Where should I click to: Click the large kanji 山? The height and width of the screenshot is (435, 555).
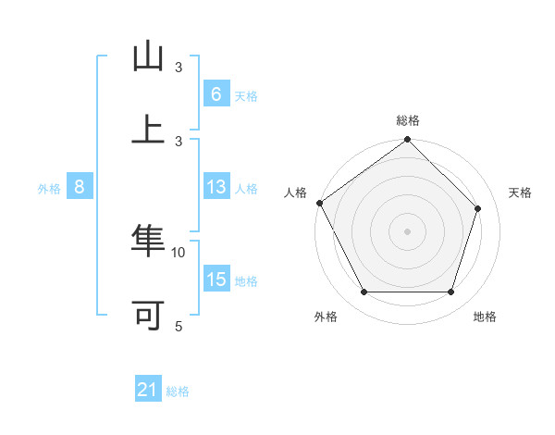(148, 56)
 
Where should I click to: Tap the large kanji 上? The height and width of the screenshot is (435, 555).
(148, 129)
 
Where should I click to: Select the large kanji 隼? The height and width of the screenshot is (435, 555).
(148, 242)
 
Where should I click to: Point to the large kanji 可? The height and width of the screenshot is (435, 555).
(148, 315)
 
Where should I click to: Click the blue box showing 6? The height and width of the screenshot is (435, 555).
(216, 93)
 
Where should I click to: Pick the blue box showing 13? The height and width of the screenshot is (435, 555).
(216, 187)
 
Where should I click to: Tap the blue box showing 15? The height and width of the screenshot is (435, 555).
(216, 280)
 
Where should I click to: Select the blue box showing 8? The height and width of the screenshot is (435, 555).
(80, 187)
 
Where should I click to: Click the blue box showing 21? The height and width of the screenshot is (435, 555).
(148, 391)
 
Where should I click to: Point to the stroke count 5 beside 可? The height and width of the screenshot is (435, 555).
(179, 326)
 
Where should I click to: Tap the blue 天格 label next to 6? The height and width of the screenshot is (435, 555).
(245, 95)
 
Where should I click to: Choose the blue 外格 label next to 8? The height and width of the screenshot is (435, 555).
(49, 188)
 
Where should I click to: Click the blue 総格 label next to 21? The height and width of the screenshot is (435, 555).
(178, 391)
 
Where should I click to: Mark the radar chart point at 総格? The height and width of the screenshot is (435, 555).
(407, 141)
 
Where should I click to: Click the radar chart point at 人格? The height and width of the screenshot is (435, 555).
(320, 203)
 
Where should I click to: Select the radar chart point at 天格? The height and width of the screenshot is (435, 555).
(478, 208)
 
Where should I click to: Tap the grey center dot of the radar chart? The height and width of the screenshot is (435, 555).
(407, 231)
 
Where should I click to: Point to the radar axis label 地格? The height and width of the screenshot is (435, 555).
(485, 317)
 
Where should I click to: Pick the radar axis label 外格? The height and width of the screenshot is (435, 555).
(326, 317)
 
